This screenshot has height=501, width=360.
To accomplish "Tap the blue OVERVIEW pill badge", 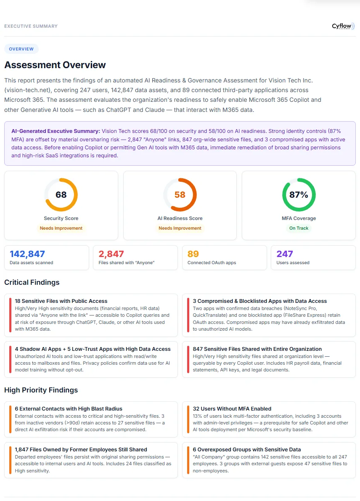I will tap(21, 49).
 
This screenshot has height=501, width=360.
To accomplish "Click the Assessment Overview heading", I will tap(55, 65).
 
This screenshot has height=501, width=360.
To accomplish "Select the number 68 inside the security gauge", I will tap(61, 195).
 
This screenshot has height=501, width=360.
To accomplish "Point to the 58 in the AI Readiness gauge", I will tap(180, 195).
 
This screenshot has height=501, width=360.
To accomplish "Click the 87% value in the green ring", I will tap(299, 195).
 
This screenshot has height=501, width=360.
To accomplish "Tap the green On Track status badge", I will tap(299, 228).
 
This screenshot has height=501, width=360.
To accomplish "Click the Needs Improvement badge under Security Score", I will tap(61, 228).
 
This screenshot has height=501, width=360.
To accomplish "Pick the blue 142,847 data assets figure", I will tap(27, 254).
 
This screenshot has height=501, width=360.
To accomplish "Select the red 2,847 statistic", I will tap(111, 254).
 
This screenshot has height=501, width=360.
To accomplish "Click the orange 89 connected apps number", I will tap(193, 254).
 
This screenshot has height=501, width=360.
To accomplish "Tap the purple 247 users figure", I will tap(285, 254).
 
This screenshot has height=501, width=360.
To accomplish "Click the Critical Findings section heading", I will tap(32, 282).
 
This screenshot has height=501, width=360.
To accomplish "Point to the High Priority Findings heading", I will tap(41, 390).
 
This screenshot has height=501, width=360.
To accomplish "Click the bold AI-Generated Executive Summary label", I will tap(56, 131).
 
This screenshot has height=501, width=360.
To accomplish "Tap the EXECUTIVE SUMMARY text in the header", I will tap(31, 26).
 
